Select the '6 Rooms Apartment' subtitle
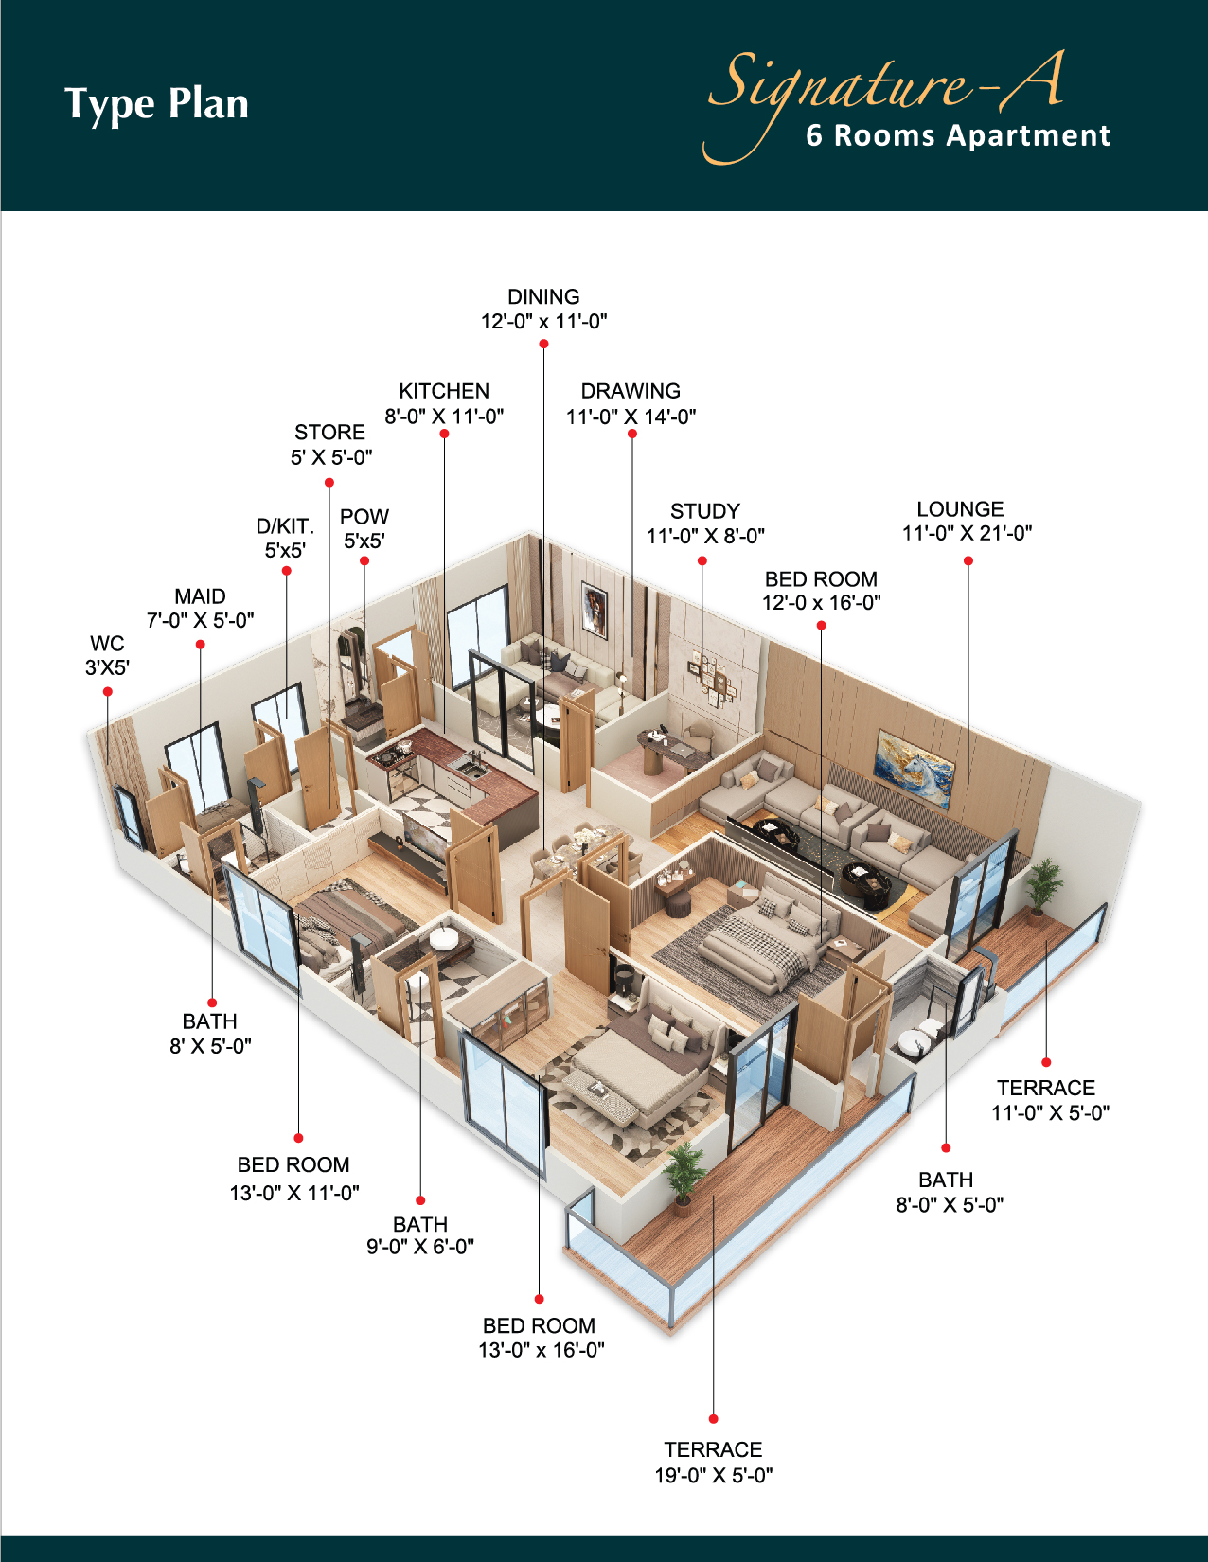[958, 135]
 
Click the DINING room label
[543, 297]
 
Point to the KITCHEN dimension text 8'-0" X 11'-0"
[444, 417]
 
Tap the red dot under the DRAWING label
[631, 434]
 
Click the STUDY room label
[705, 511]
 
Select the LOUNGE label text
[960, 509]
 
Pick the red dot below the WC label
[107, 691]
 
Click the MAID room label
[200, 596]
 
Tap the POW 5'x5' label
[364, 528]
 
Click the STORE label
[329, 432]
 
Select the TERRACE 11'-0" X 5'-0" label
[1049, 1100]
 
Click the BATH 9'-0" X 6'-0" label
[420, 1235]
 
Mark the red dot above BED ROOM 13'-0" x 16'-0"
[539, 1299]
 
